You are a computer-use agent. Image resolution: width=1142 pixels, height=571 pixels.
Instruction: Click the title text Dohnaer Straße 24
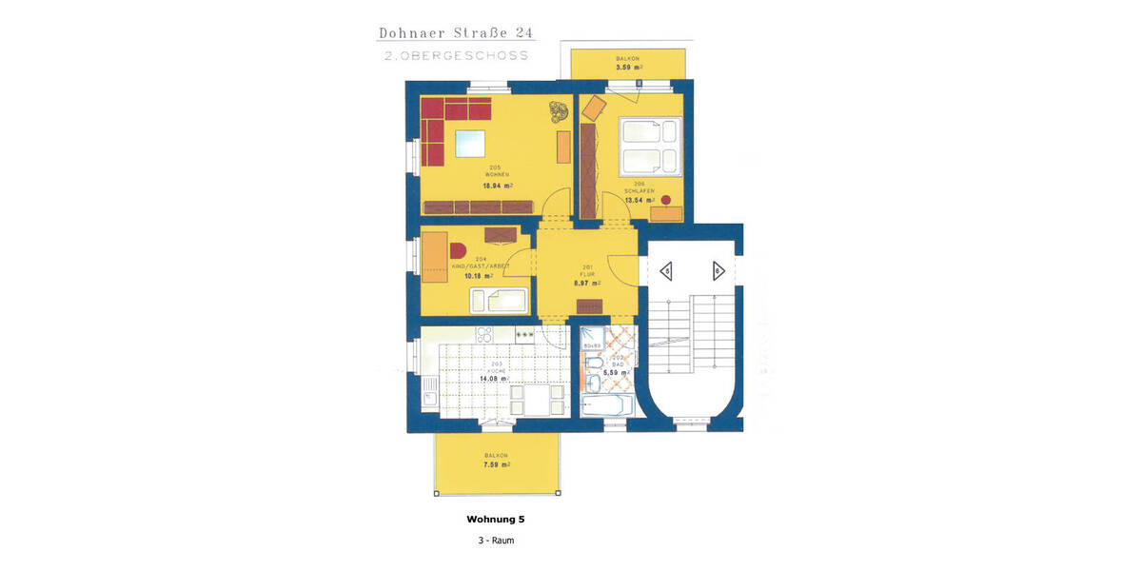[456, 33]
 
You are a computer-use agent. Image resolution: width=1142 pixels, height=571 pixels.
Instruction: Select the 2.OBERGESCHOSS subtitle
[456, 56]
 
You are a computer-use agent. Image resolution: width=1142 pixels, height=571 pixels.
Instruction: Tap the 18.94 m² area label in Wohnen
[497, 187]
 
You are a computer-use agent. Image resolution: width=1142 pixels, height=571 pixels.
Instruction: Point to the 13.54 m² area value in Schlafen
[639, 201]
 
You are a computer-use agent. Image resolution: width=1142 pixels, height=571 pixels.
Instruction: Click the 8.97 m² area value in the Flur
[587, 283]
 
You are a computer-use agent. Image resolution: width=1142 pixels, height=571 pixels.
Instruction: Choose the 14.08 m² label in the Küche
[496, 378]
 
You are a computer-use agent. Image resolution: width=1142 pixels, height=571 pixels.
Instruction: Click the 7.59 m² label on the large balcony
[496, 465]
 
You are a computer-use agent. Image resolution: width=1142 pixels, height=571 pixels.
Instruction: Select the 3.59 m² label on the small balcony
[628, 69]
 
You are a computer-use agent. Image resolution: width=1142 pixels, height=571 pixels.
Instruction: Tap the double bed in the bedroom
[650, 146]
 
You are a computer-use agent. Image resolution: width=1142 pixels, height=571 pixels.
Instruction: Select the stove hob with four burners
[483, 335]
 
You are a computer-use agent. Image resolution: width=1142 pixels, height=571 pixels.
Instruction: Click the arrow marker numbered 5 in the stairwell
[667, 272]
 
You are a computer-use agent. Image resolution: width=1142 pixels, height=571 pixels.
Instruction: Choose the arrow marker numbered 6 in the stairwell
[718, 272]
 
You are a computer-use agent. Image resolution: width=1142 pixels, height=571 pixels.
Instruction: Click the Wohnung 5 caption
[495, 520]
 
